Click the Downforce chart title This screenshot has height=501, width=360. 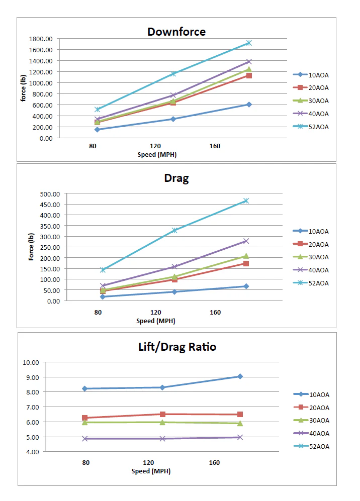[176, 32]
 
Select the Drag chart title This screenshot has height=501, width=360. [176, 178]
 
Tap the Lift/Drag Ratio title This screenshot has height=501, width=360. [177, 347]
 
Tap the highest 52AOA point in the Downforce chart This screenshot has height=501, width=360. [249, 43]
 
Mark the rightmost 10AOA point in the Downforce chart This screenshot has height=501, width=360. [249, 105]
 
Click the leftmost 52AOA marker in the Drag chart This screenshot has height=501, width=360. [103, 270]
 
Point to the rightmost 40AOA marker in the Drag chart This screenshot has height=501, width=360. [246, 241]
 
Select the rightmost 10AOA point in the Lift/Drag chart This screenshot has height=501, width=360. [240, 376]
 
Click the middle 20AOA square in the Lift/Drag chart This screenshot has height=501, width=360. [162, 414]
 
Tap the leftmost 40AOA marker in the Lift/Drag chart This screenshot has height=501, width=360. [85, 439]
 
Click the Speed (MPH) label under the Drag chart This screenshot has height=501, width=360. [156, 321]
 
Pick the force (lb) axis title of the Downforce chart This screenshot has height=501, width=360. [23, 88]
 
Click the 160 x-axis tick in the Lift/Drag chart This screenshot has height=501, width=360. [214, 462]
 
